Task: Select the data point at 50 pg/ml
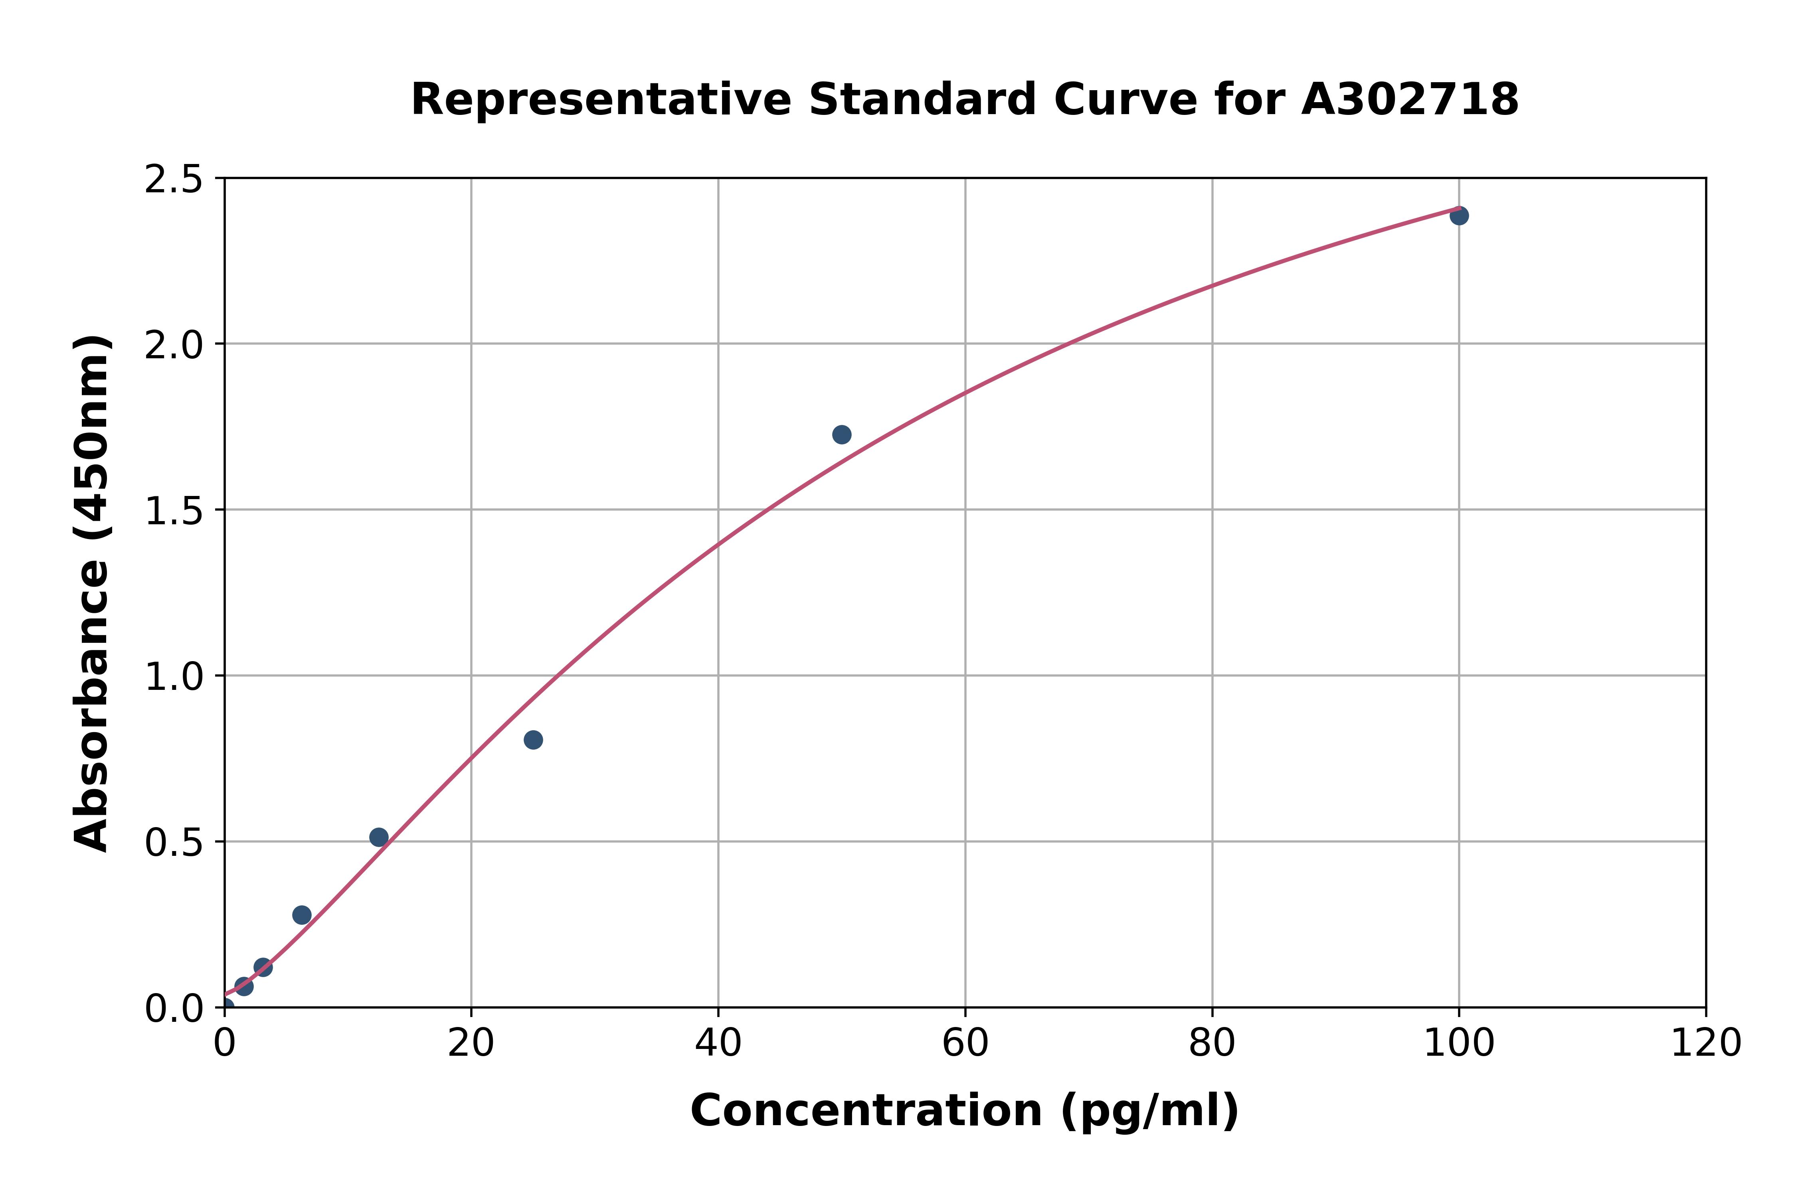[841, 434]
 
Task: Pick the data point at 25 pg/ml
[533, 740]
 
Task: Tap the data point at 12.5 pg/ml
[379, 837]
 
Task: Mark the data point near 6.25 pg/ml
[302, 915]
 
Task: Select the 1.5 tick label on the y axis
[174, 511]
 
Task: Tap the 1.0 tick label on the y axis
[174, 676]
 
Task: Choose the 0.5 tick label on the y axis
[174, 842]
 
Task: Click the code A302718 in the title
[1410, 100]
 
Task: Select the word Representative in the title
[601, 100]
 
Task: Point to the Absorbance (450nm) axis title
[92, 593]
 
